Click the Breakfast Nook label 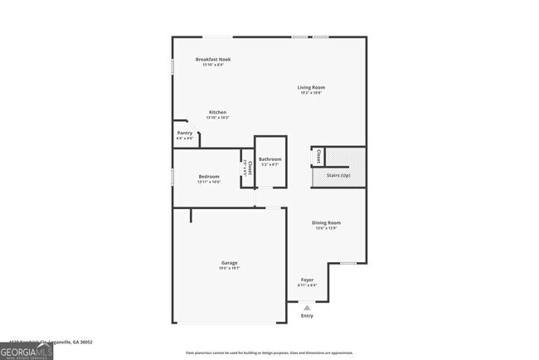point(213,60)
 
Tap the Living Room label point(311,87)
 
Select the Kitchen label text point(217,112)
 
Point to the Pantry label point(185,133)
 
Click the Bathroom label point(269,159)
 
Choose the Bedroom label point(208,177)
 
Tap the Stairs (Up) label point(338,176)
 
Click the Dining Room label point(326,222)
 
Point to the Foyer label point(307,280)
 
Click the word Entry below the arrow point(307,316)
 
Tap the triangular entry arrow point(307,307)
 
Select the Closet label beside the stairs point(319,156)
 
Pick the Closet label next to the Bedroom point(247,168)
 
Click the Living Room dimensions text point(311,92)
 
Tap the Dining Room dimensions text point(326,228)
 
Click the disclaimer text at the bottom point(269,353)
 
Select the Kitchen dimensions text point(217,118)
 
